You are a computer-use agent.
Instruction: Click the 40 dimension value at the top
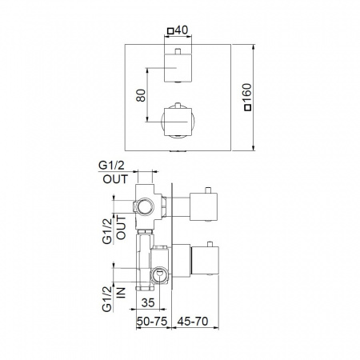[x=182, y=30]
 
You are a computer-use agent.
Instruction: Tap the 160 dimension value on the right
[x=247, y=93]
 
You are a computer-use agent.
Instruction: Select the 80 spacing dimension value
[x=141, y=95]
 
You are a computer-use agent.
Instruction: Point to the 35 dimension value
[x=148, y=302]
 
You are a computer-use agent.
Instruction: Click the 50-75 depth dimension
[x=152, y=321]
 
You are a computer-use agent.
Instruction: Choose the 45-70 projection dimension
[x=193, y=321]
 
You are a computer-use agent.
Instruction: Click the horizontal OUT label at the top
[x=115, y=179]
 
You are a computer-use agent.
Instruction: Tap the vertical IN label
[x=121, y=293]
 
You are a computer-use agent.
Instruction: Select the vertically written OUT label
[x=121, y=227]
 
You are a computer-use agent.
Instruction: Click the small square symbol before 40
[x=170, y=31]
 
